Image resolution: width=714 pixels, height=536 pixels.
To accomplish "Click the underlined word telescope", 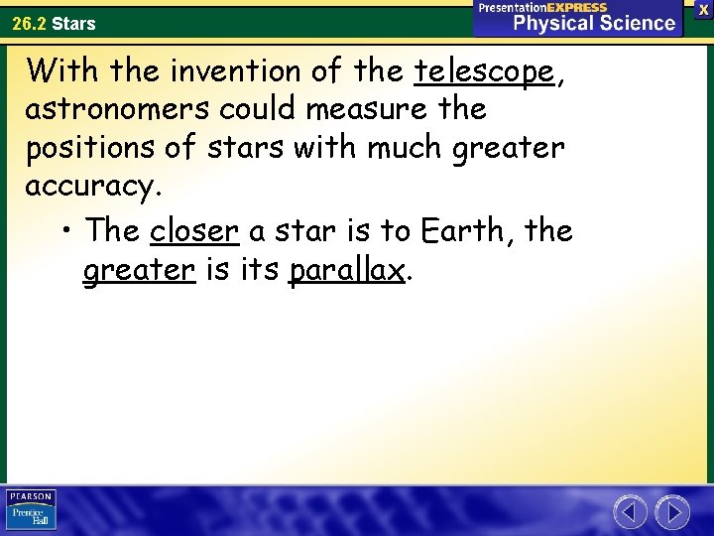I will pyautogui.click(x=483, y=72).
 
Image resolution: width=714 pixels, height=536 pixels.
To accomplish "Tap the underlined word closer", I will pyautogui.click(x=194, y=230).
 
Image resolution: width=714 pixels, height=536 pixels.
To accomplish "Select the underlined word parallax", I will pyautogui.click(x=347, y=271).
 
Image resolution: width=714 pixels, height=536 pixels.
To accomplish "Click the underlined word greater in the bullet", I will pyautogui.click(x=138, y=271).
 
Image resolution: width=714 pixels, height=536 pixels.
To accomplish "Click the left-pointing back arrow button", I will pyautogui.click(x=630, y=512).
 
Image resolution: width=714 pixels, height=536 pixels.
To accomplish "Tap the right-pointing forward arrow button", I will pyautogui.click(x=672, y=512).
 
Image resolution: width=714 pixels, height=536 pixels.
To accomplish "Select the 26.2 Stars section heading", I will pyautogui.click(x=55, y=22).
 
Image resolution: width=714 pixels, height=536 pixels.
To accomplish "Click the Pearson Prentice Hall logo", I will pyautogui.click(x=31, y=509).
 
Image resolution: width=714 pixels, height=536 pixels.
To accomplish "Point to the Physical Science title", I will pyautogui.click(x=593, y=23).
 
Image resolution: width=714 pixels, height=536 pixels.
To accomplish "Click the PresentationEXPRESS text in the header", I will pyautogui.click(x=542, y=7).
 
